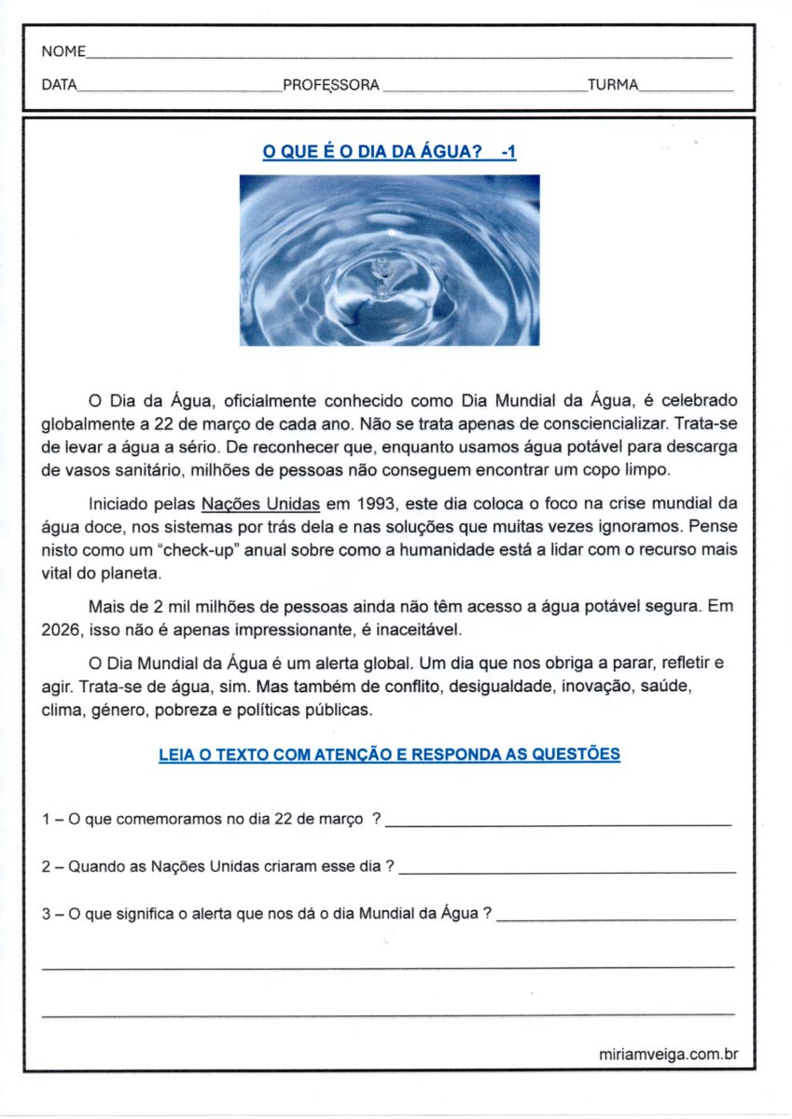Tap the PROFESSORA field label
click(x=331, y=85)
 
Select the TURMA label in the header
click(x=613, y=85)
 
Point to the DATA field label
click(x=59, y=85)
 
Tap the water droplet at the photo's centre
click(x=381, y=271)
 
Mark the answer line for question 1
click(x=558, y=823)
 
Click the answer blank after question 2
click(x=566, y=870)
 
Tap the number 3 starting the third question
click(x=46, y=915)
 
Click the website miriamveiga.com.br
click(x=669, y=1054)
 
